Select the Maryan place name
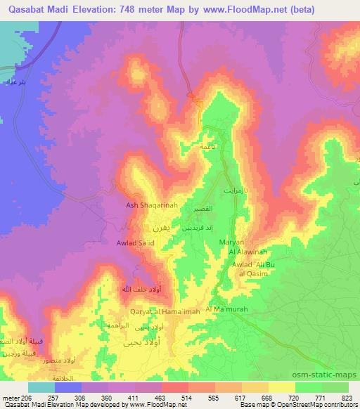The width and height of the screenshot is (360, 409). coord(231,242)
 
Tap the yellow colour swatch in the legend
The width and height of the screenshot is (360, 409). coord(281,387)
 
